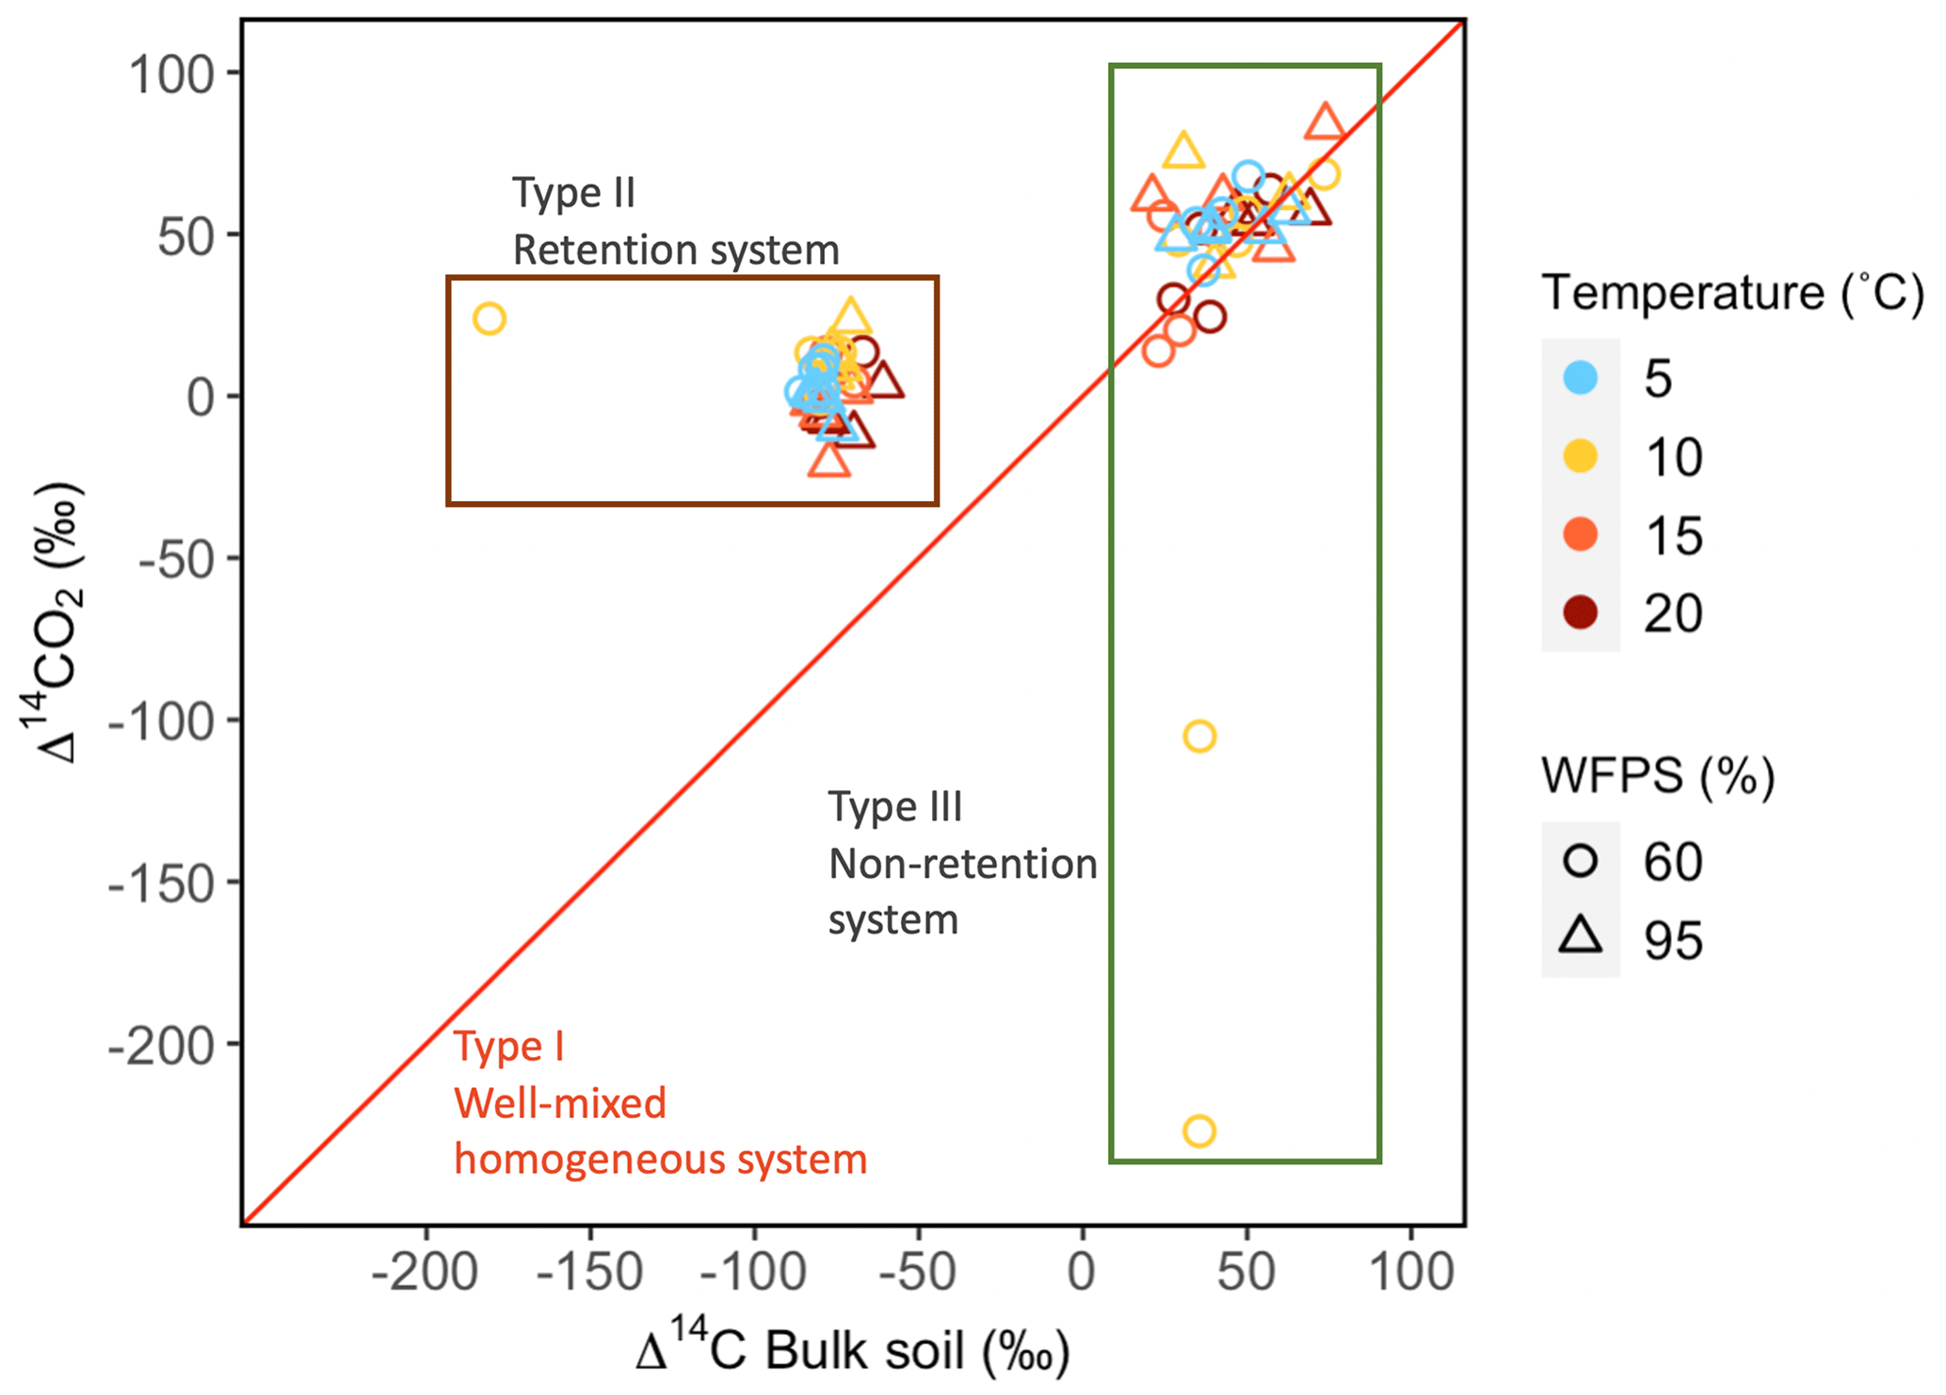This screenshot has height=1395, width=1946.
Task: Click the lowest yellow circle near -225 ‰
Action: pos(1198,1130)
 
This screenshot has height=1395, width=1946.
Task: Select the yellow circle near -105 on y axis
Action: pos(1198,736)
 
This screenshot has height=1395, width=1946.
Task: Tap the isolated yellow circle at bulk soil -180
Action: pos(489,319)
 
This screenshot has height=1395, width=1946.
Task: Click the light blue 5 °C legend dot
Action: pos(1581,378)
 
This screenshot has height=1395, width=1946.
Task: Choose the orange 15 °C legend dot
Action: pos(1581,535)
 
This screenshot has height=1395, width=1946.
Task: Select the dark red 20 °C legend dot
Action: pos(1581,613)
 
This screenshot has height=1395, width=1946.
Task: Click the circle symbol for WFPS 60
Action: pos(1581,861)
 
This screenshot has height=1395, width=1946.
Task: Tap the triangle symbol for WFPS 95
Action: pos(1581,937)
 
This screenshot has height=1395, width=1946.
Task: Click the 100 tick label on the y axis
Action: pos(171,74)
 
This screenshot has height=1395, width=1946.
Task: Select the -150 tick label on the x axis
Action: pos(589,1273)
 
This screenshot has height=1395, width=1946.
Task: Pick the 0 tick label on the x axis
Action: pos(1082,1273)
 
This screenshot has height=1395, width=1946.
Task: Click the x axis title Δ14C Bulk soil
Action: pos(853,1350)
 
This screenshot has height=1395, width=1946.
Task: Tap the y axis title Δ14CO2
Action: pos(55,622)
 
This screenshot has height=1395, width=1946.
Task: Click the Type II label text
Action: pos(573,193)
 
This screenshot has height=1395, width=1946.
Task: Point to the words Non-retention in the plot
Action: pos(962,864)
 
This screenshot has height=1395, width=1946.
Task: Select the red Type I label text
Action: pos(509,1046)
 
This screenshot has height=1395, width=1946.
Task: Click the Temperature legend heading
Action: pos(1731,292)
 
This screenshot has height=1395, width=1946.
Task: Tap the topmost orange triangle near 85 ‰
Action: pos(1326,122)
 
